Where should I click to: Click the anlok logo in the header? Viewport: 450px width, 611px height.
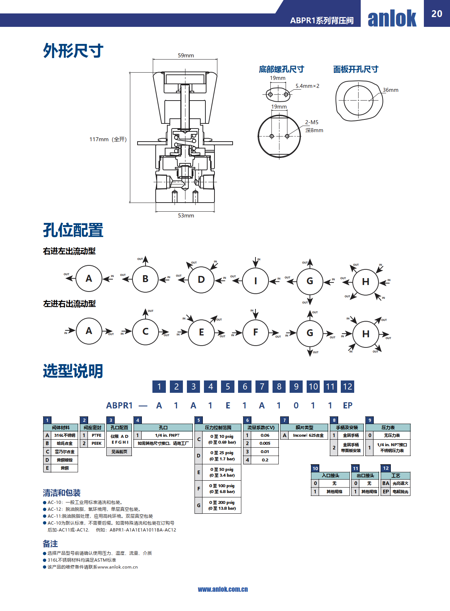pos(392,18)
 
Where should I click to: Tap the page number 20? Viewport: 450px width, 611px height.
pos(437,14)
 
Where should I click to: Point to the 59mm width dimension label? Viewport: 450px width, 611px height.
pos(186,56)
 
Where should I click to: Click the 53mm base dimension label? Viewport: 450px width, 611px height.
pos(186,216)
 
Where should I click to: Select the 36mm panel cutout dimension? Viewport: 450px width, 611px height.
pos(390,90)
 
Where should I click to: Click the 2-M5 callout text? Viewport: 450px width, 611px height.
pos(312,122)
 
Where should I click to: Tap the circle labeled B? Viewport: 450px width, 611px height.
pos(145,279)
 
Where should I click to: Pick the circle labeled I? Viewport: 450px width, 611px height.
pos(255,281)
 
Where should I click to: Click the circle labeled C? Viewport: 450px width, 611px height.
pos(146,331)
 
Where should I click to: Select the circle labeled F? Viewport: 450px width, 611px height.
pos(255,332)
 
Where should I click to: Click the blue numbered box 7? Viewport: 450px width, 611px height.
pos(262,387)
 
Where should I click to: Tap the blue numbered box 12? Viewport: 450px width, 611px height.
pos(347,387)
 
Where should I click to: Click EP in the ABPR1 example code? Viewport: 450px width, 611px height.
pos(348,406)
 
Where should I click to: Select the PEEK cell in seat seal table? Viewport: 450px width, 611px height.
pos(97,443)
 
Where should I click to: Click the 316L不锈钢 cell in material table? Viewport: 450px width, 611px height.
pos(65,435)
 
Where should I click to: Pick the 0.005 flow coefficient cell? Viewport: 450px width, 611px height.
pos(265,443)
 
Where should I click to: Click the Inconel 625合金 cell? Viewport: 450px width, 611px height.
pos(308,435)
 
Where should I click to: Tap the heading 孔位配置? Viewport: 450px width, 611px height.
pos(73,230)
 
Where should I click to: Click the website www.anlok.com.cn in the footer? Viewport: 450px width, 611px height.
pos(223,589)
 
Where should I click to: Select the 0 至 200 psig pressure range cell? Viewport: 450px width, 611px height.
pos(222,505)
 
